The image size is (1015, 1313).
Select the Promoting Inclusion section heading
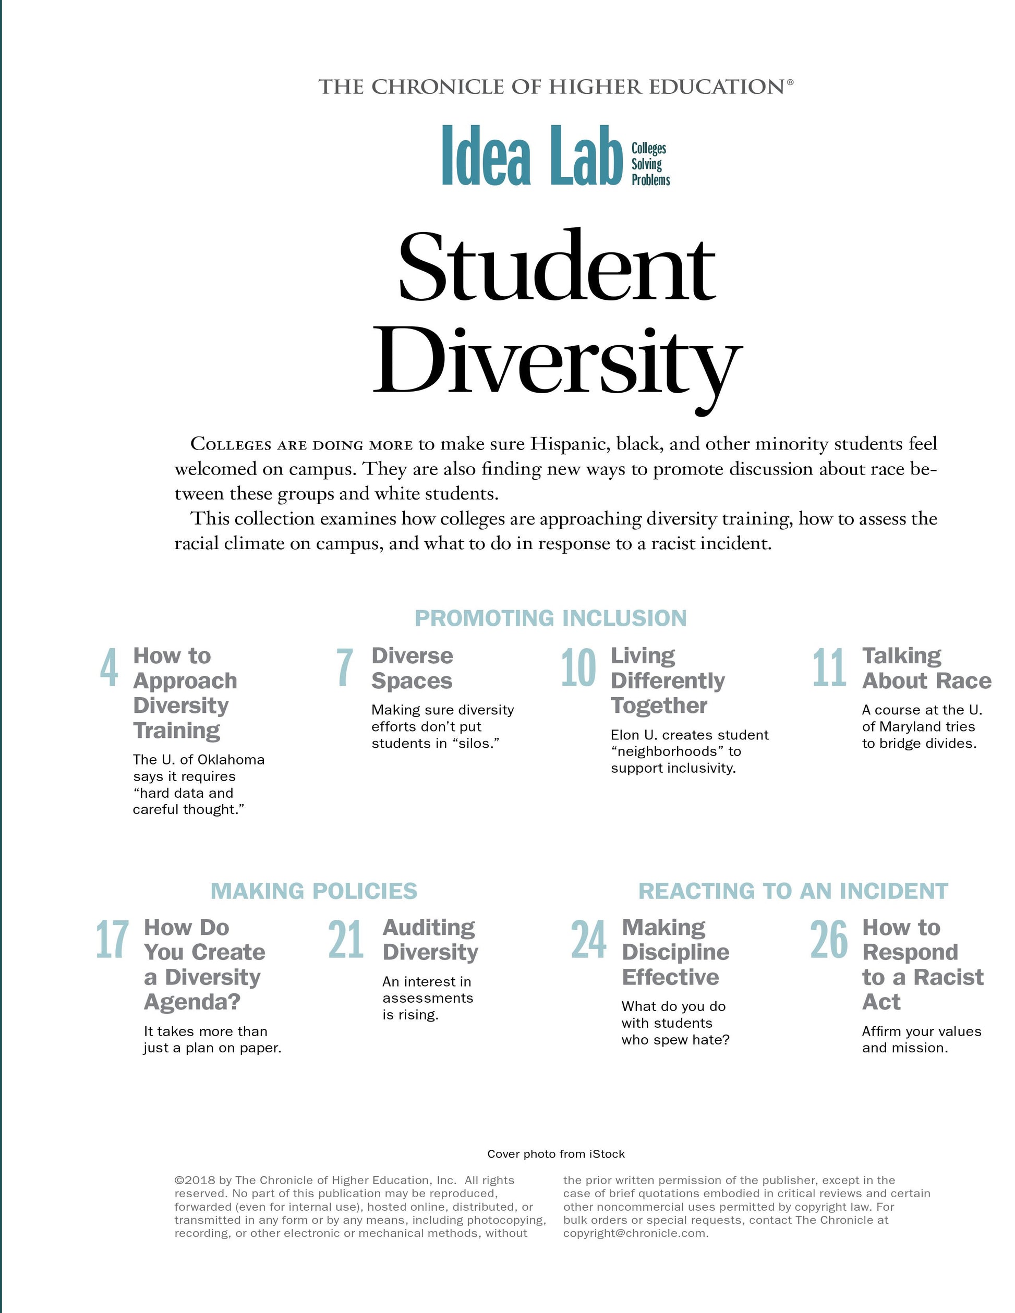coord(550,618)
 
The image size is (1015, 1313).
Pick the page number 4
coord(109,668)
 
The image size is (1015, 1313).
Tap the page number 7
coord(345,668)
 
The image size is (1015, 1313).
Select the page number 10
coord(578,668)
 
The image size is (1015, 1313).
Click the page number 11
coord(830,668)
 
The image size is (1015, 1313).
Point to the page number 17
coord(112,940)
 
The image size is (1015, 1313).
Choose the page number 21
coord(346,940)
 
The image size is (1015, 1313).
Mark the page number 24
coord(589,940)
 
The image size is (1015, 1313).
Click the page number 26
coord(829,940)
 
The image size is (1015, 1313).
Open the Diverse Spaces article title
coord(412,668)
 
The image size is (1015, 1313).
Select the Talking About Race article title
coord(926,668)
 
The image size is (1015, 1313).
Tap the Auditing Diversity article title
coord(430,940)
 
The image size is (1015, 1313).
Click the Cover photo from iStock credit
coord(555,1153)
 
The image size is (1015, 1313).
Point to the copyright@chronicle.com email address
coord(636,1233)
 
